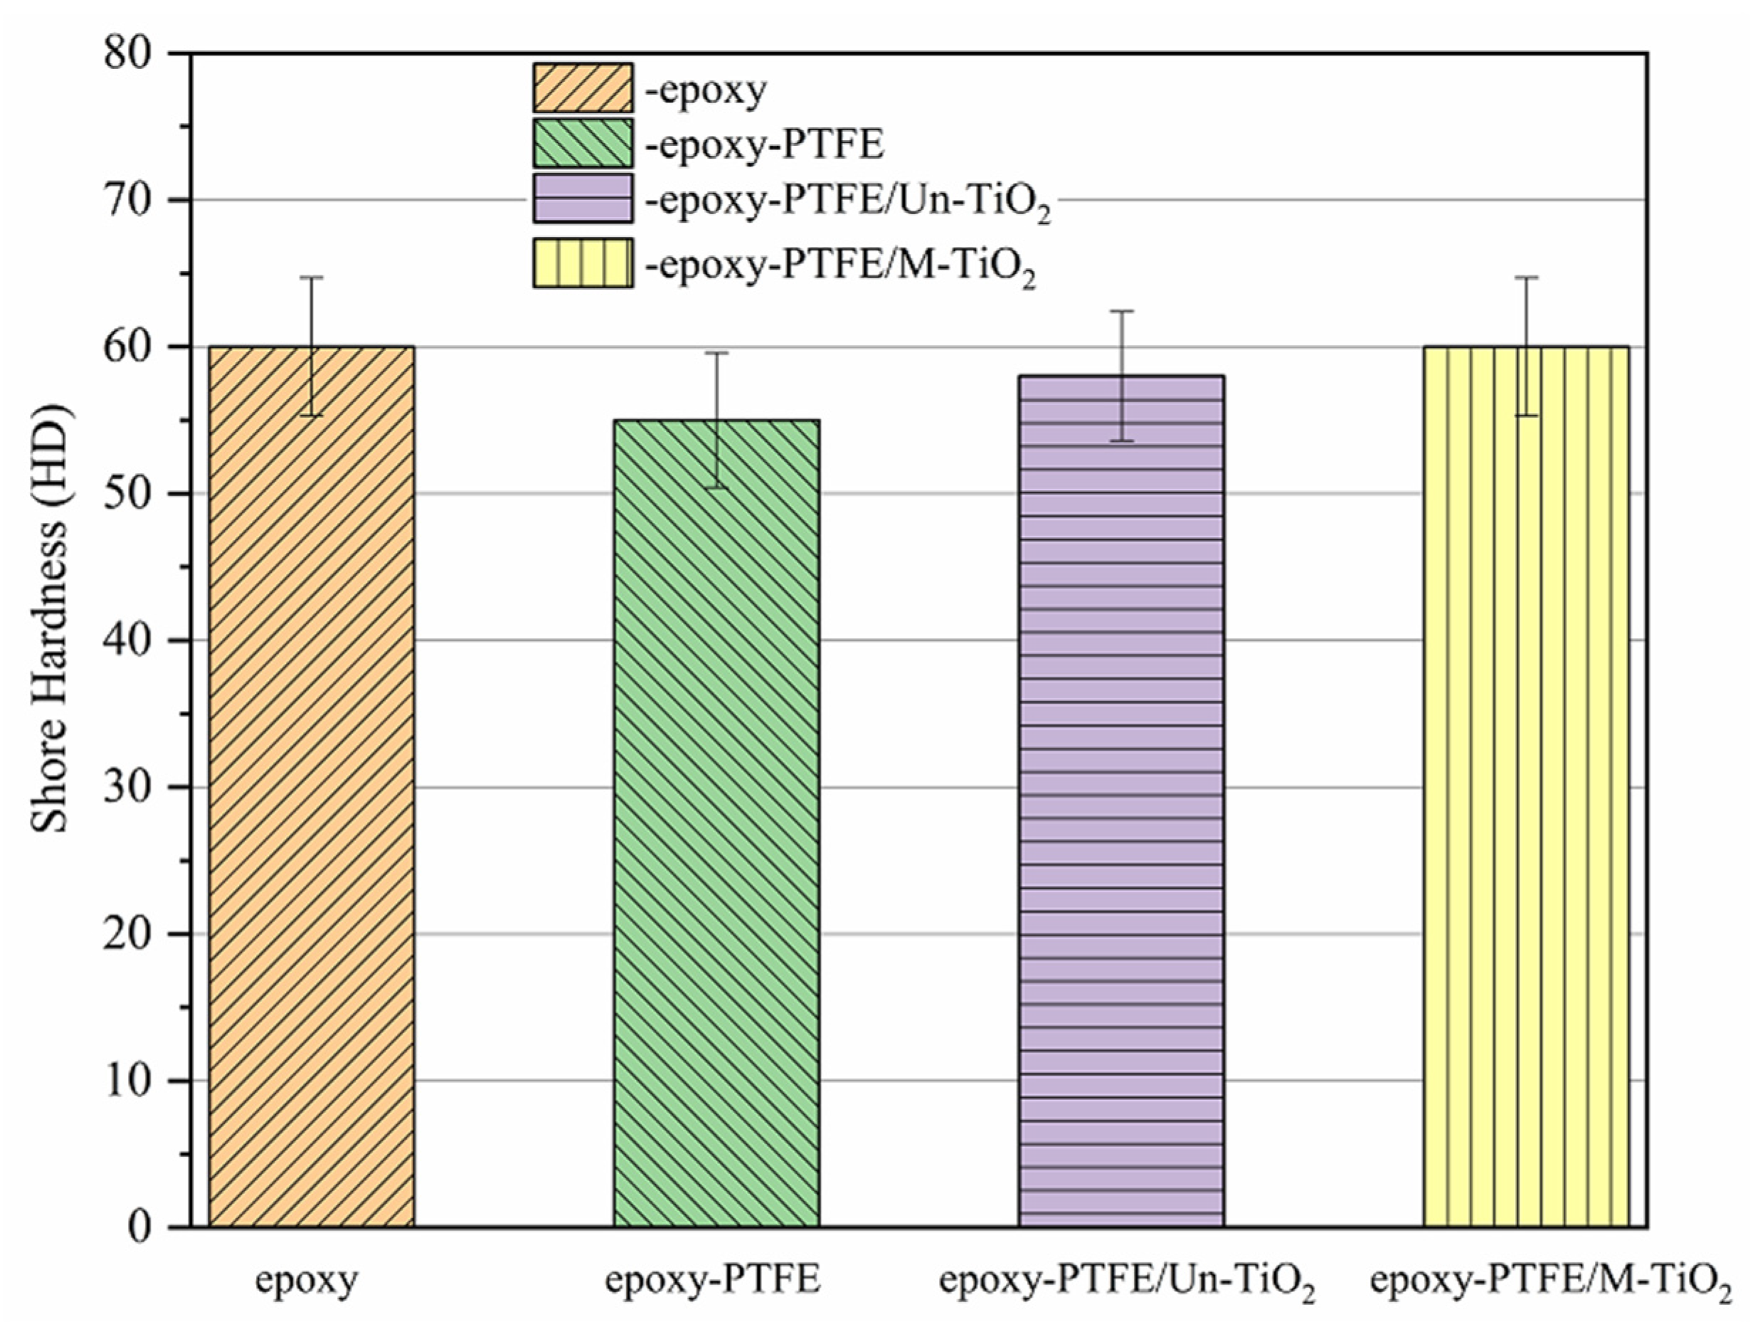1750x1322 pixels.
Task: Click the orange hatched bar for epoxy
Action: pos(311,791)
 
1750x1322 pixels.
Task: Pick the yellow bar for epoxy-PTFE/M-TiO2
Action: pos(1526,791)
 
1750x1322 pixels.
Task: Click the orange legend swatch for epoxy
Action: pos(583,88)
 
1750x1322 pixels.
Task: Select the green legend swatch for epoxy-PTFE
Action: pos(583,143)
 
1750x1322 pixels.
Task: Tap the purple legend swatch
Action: pos(583,199)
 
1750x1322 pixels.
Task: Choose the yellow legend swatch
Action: pos(583,263)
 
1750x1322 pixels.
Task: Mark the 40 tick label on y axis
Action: pos(127,640)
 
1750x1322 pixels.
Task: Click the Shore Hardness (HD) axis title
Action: pos(49,619)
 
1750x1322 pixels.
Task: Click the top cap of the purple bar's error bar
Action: pos(1121,311)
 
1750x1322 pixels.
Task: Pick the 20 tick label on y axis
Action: pos(127,934)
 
